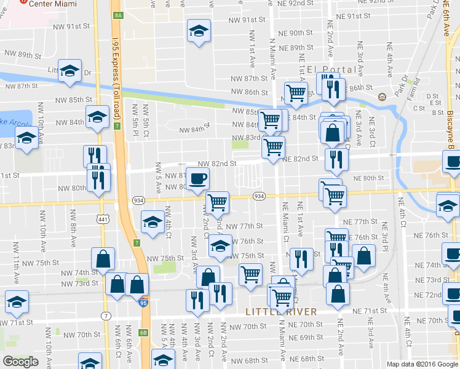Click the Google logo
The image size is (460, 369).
coord(20,361)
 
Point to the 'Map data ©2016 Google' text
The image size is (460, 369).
coord(422,364)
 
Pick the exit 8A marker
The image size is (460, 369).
coord(119,14)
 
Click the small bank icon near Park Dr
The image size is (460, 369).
coord(382,97)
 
